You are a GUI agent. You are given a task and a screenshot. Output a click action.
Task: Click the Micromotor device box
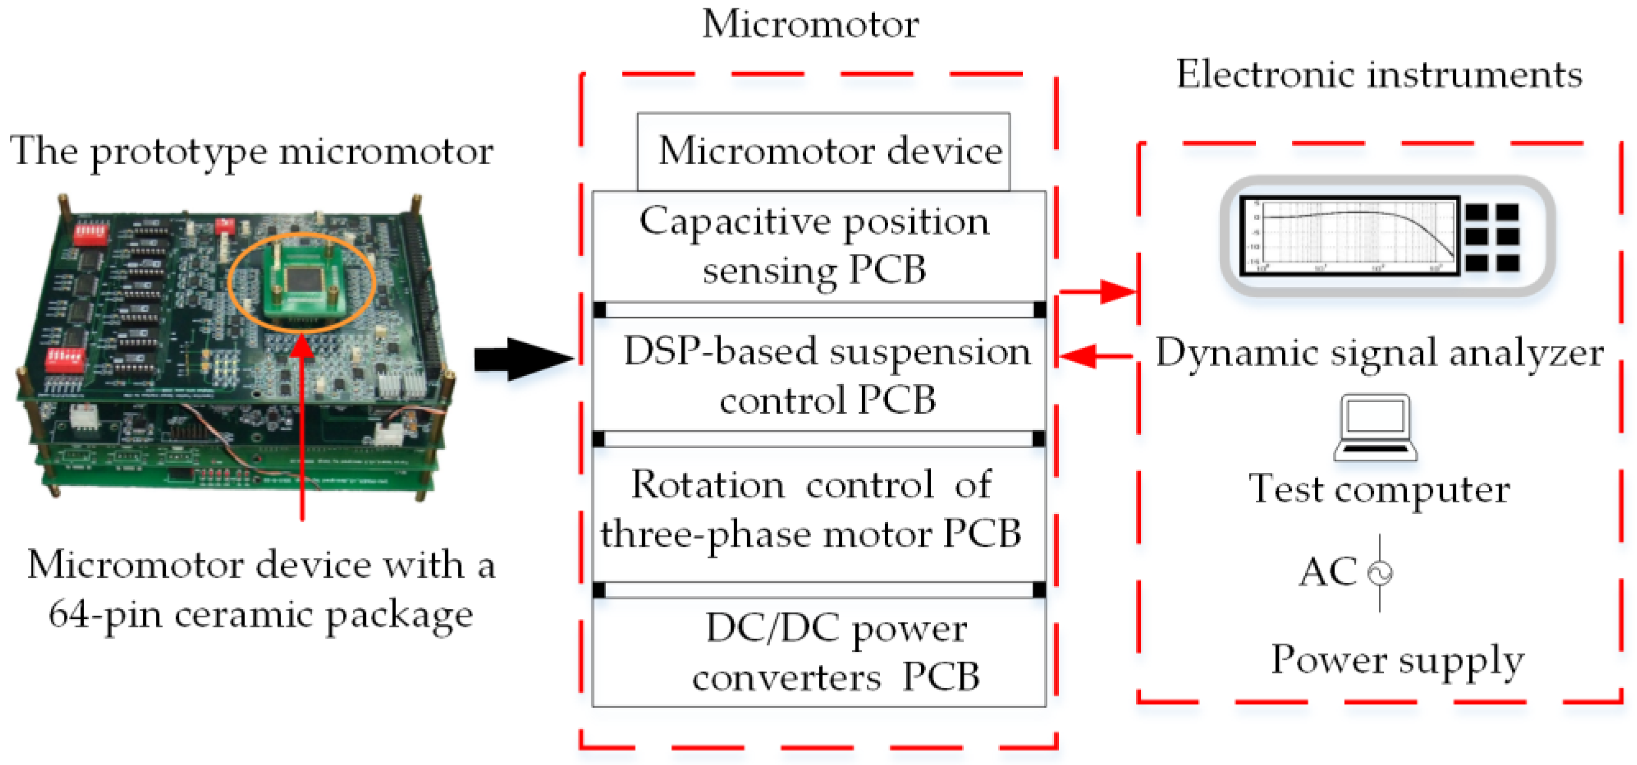(824, 152)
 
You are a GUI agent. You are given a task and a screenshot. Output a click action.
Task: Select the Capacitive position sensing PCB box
(818, 246)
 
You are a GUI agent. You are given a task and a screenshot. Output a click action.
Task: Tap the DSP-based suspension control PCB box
(818, 375)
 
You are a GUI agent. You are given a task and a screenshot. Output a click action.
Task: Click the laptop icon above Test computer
(1375, 427)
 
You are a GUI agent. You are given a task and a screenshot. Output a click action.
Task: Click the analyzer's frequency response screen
(1350, 236)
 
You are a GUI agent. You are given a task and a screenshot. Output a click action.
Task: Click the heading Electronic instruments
(1379, 74)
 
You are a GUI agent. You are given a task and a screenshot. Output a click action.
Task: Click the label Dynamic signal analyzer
(1379, 352)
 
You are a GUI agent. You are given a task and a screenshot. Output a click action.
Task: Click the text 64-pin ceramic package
(260, 615)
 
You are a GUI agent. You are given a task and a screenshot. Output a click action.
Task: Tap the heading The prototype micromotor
(252, 152)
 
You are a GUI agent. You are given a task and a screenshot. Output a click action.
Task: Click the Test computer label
(1379, 489)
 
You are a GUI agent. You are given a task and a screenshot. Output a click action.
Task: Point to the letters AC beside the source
(1327, 571)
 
